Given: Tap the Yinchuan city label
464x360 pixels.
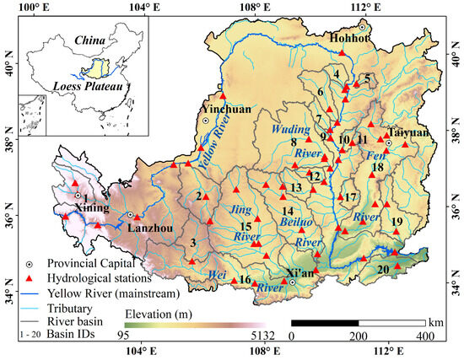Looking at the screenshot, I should coord(221,110).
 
